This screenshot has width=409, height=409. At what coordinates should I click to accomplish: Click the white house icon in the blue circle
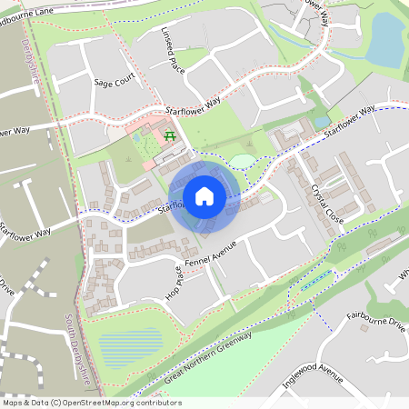204,195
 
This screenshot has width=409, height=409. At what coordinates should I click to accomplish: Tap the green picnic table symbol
170,136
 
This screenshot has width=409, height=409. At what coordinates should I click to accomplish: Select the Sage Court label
114,81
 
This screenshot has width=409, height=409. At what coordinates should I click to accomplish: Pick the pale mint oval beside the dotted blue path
242,162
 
